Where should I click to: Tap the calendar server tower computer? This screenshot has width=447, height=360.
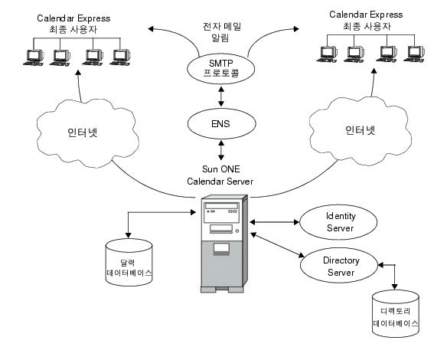click(x=222, y=244)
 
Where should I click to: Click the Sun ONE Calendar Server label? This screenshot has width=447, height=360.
click(x=220, y=174)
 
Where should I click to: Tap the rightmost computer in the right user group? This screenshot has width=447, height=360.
click(x=414, y=54)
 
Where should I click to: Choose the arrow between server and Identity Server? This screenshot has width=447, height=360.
click(x=272, y=223)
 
